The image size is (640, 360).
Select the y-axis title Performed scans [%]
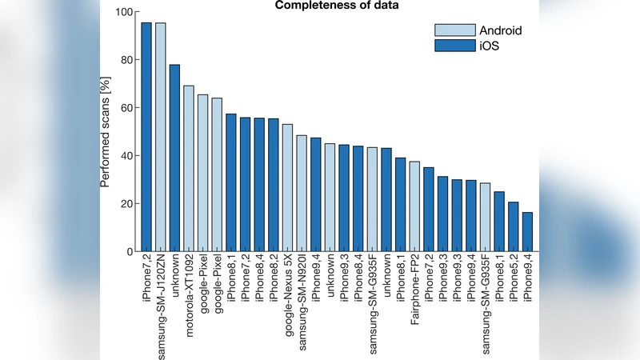click(x=105, y=132)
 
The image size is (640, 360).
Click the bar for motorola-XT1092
click(x=189, y=169)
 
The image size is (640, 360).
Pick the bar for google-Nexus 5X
click(x=287, y=188)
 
